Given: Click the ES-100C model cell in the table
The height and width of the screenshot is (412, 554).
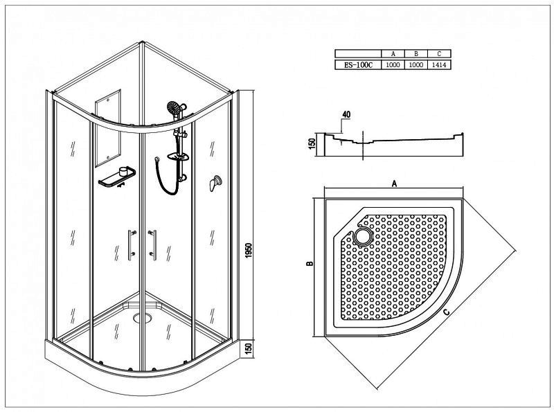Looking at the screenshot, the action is point(358,64).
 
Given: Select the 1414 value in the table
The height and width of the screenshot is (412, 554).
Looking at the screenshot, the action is point(439,64).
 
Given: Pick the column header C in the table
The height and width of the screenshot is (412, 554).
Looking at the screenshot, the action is point(439,54).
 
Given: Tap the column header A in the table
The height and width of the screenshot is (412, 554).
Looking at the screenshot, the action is point(393,54).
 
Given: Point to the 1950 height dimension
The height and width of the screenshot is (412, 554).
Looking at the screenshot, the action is point(249,250).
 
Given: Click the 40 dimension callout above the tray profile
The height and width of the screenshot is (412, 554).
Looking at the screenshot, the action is point(346,114).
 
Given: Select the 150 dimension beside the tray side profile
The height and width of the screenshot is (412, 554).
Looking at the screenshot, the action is point(312,143).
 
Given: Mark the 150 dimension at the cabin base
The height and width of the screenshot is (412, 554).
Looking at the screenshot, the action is point(249,349).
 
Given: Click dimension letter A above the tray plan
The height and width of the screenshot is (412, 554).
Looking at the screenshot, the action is point(395,183).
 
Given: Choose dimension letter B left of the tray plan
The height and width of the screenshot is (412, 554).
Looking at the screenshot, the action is point(310,263).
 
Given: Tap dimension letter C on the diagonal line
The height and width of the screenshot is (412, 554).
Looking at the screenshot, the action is point(447,312).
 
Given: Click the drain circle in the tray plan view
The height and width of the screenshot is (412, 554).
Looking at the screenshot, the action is point(362,236).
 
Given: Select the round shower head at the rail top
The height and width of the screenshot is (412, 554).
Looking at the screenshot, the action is point(174,107).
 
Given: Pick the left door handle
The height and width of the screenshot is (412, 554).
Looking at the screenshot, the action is point(132,245).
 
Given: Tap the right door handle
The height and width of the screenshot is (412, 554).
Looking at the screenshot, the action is point(153,245).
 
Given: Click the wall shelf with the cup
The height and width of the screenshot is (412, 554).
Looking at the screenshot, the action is point(117,177).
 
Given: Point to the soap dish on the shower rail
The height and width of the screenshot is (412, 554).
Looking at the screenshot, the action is point(178,156).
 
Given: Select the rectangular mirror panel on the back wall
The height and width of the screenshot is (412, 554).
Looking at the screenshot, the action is point(108,128).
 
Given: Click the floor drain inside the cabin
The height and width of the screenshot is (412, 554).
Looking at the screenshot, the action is point(143,318).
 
